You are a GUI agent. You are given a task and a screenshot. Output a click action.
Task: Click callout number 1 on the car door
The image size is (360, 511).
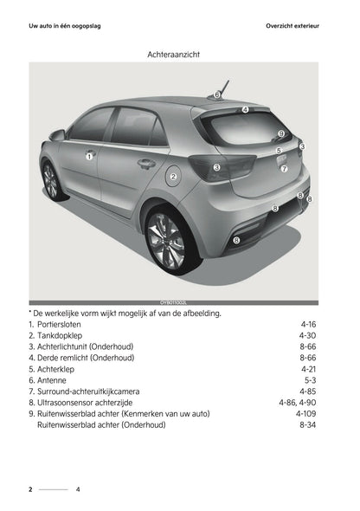pyautogui.click(x=88, y=157)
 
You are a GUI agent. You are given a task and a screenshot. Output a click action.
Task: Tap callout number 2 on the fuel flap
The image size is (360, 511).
pyautogui.click(x=173, y=177)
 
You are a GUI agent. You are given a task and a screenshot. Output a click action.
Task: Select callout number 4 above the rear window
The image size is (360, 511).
pyautogui.click(x=245, y=110)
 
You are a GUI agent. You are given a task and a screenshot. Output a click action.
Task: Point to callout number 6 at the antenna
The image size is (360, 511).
pyautogui.click(x=218, y=94)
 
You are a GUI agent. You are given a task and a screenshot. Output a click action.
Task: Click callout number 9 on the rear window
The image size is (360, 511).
pyautogui.click(x=281, y=133)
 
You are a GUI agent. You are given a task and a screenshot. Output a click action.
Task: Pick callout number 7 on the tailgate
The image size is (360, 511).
pyautogui.click(x=284, y=169)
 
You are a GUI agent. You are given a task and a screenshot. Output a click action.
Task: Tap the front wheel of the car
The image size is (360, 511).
pyautogui.click(x=49, y=180)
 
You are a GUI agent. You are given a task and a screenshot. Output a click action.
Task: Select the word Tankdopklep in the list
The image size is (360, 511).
pyautogui.click(x=59, y=334)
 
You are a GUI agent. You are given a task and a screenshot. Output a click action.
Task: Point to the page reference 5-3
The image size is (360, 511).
pyautogui.click(x=310, y=379)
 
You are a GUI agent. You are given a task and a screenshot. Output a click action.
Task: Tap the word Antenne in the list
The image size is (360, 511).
pyautogui.click(x=52, y=379)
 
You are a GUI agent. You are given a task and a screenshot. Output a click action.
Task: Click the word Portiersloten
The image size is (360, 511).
pyautogui.click(x=59, y=323)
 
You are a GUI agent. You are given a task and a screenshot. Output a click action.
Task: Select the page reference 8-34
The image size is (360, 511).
pyautogui.click(x=307, y=424)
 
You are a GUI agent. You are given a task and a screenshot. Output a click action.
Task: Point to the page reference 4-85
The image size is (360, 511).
pyautogui.click(x=307, y=391)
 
